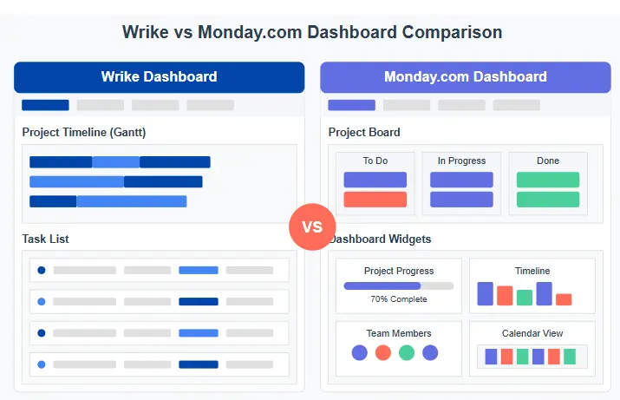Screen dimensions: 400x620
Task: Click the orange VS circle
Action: point(311,227)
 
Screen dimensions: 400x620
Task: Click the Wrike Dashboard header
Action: point(159,76)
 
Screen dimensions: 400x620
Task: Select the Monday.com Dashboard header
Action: point(465,76)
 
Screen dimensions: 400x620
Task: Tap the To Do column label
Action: point(375,161)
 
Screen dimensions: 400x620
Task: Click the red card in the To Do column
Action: point(375,200)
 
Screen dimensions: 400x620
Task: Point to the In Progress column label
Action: point(461,161)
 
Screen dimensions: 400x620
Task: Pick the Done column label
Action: point(547,161)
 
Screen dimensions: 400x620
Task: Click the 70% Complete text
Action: point(399,299)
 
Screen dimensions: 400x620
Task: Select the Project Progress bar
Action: point(398,285)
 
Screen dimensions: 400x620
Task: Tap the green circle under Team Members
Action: point(406,352)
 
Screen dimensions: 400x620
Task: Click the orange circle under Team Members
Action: point(382,352)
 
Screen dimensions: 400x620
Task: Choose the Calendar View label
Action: point(532,333)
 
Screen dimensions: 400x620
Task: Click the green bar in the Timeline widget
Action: point(525,298)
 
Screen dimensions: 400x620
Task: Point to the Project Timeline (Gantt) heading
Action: point(84,133)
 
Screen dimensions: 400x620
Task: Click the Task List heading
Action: point(46,239)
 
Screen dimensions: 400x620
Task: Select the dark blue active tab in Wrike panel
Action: point(45,105)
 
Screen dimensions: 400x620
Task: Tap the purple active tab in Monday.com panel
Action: point(351,105)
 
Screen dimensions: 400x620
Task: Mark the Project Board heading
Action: point(364,133)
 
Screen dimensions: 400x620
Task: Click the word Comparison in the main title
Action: point(452,32)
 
